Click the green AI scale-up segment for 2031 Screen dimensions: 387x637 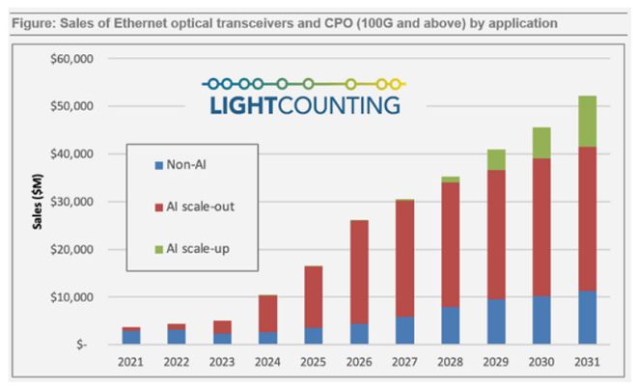coord(581,121)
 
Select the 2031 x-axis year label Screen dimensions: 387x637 coord(581,363)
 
